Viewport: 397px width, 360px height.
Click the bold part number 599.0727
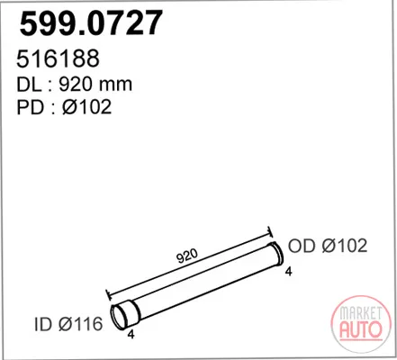pos(91,23)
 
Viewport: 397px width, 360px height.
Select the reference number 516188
pos(58,58)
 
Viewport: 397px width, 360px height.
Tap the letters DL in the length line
pos(29,85)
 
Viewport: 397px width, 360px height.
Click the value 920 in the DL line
pos(75,85)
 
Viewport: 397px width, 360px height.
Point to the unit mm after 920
pos(115,86)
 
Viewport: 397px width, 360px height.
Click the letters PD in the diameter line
pos(31,107)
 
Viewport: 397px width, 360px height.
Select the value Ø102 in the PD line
pos(87,107)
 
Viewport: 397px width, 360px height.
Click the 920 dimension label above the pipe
pos(186,256)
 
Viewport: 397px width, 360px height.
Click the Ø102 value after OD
pos(345,246)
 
